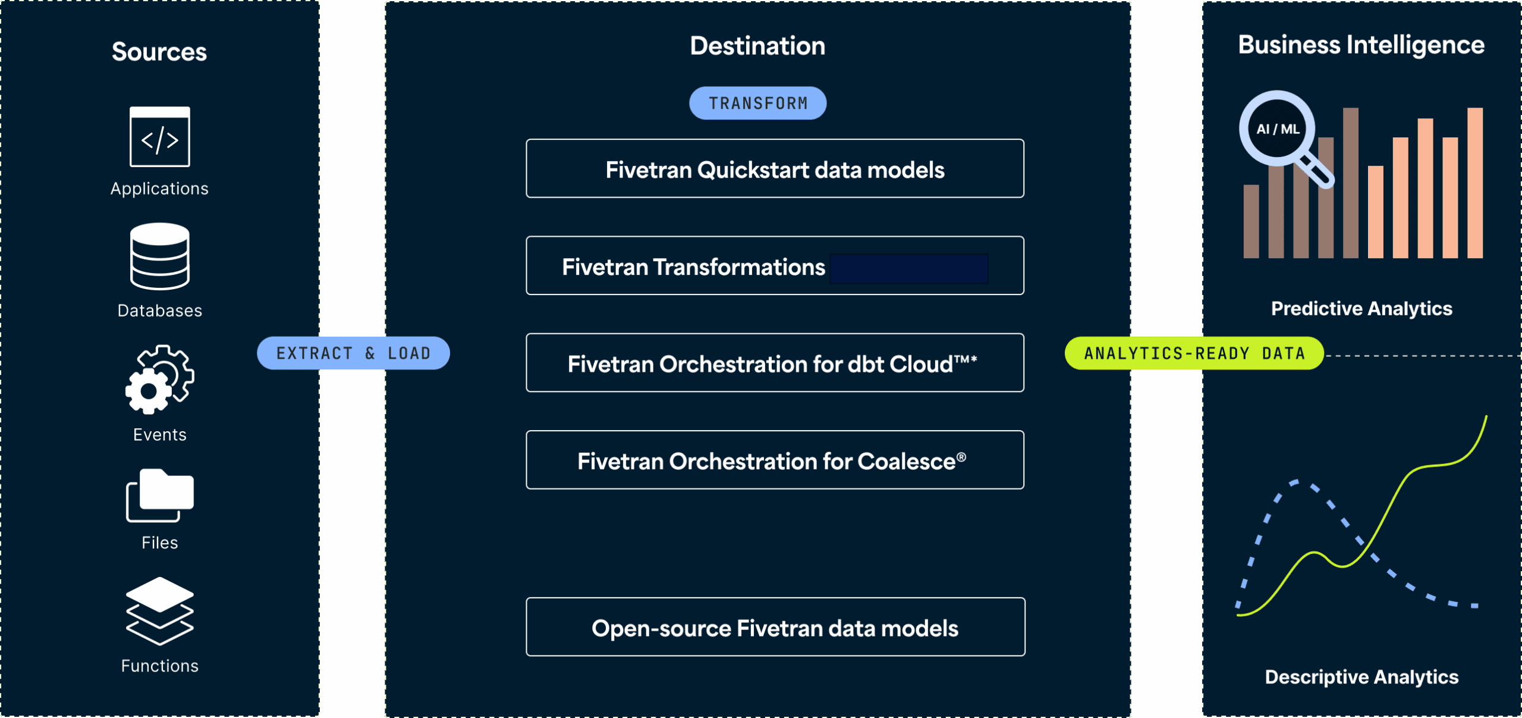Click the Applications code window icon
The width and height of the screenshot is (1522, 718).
coord(159,137)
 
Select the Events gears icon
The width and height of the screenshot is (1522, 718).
coord(159,380)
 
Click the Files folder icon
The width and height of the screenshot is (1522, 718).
coord(159,495)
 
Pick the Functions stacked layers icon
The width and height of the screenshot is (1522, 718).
coord(159,611)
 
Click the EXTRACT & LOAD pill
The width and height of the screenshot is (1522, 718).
coord(353,353)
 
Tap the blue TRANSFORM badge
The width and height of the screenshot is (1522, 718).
coord(757,103)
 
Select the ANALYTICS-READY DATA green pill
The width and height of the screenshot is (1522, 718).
coord(1194,353)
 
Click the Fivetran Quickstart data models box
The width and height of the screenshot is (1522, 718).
coord(774,169)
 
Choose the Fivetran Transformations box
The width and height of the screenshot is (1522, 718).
coord(774,266)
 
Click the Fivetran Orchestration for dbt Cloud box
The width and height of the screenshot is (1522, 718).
coord(774,363)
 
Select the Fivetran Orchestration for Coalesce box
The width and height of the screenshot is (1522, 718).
coord(774,460)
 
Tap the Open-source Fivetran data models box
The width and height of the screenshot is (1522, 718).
coord(775,628)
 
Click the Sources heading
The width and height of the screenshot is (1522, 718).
coord(159,52)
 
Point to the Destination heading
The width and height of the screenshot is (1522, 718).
coord(757,46)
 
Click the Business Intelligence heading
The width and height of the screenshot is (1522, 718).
coord(1361,45)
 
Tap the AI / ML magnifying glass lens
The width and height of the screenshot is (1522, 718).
coord(1277,128)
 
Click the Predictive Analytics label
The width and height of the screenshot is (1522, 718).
coord(1361,308)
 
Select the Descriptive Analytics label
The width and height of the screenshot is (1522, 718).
coord(1361,676)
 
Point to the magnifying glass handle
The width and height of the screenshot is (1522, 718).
coord(1316,171)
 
